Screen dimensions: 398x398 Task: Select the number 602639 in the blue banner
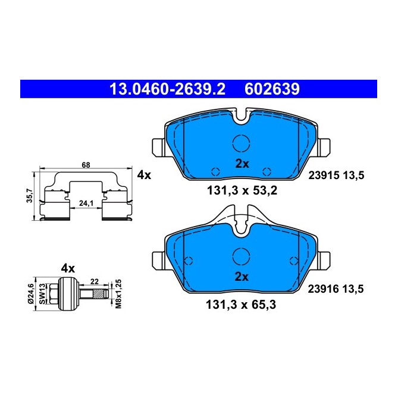(x=271, y=89)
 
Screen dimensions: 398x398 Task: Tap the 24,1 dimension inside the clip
(x=87, y=203)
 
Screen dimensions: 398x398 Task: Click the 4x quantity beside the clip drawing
(x=144, y=175)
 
